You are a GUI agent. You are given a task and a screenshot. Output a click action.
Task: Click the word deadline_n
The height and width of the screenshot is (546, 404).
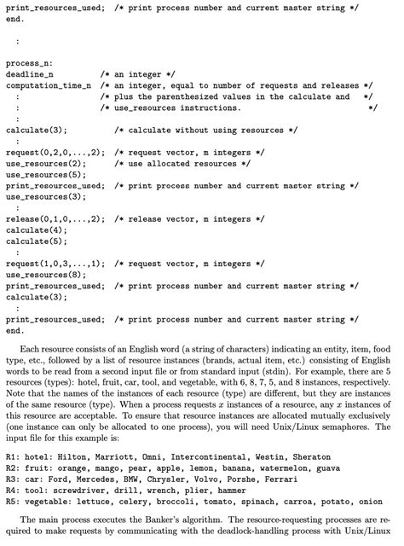pos(29,74)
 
